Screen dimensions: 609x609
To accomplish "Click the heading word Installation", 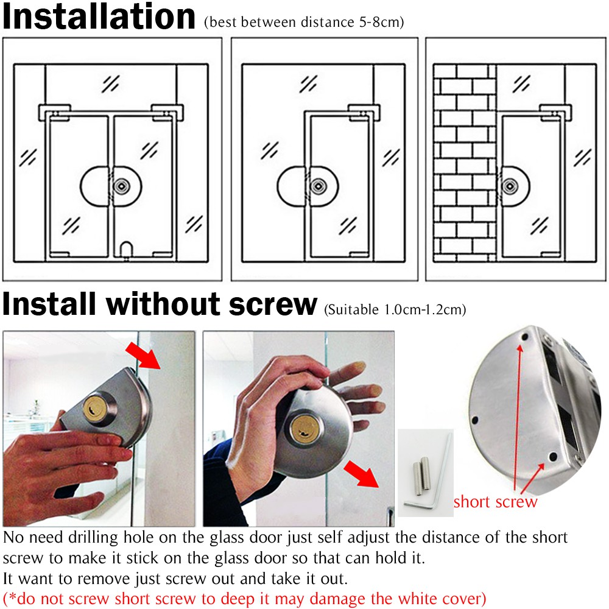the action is pos(99,16).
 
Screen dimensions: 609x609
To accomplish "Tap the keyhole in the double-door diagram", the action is pos(122,186).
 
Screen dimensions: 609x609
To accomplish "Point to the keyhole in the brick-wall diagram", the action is pos(510,186).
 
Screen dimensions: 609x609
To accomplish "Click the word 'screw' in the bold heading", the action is pos(273,304).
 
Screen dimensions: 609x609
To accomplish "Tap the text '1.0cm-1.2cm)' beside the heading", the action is pos(425,309).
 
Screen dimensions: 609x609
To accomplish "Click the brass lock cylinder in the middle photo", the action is pos(303,429).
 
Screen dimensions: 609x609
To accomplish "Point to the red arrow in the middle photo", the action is pos(361,474).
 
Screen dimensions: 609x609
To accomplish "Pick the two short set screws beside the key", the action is pos(421,476).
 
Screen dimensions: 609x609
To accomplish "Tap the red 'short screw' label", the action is pos(496,502).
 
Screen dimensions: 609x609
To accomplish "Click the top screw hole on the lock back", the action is pos(525,337).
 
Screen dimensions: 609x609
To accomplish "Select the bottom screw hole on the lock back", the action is pos(554,456).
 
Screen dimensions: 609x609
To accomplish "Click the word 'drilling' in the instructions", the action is pos(93,538).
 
